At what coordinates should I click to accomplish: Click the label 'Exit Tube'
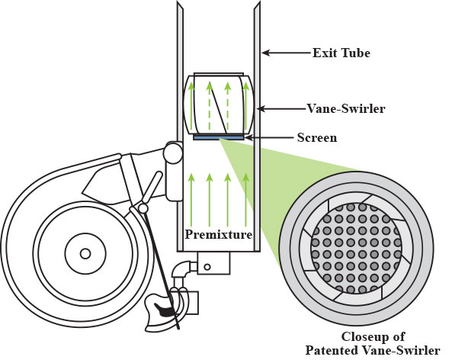341,53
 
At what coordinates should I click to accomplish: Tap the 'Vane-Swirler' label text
346,109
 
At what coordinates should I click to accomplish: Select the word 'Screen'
317,137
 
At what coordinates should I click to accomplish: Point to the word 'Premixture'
219,234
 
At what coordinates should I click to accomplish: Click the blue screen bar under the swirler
219,138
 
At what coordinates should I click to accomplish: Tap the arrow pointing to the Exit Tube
287,53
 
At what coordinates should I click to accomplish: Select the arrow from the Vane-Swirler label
281,109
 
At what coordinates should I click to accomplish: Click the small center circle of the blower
85,254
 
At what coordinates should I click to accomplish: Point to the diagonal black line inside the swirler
218,107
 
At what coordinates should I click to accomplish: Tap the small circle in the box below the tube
207,267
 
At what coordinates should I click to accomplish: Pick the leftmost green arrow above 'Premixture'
191,200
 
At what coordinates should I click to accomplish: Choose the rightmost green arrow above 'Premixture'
246,200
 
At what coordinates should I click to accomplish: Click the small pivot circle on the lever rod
143,208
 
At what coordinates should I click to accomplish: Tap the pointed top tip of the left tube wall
178,2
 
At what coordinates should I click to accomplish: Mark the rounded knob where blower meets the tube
173,153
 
